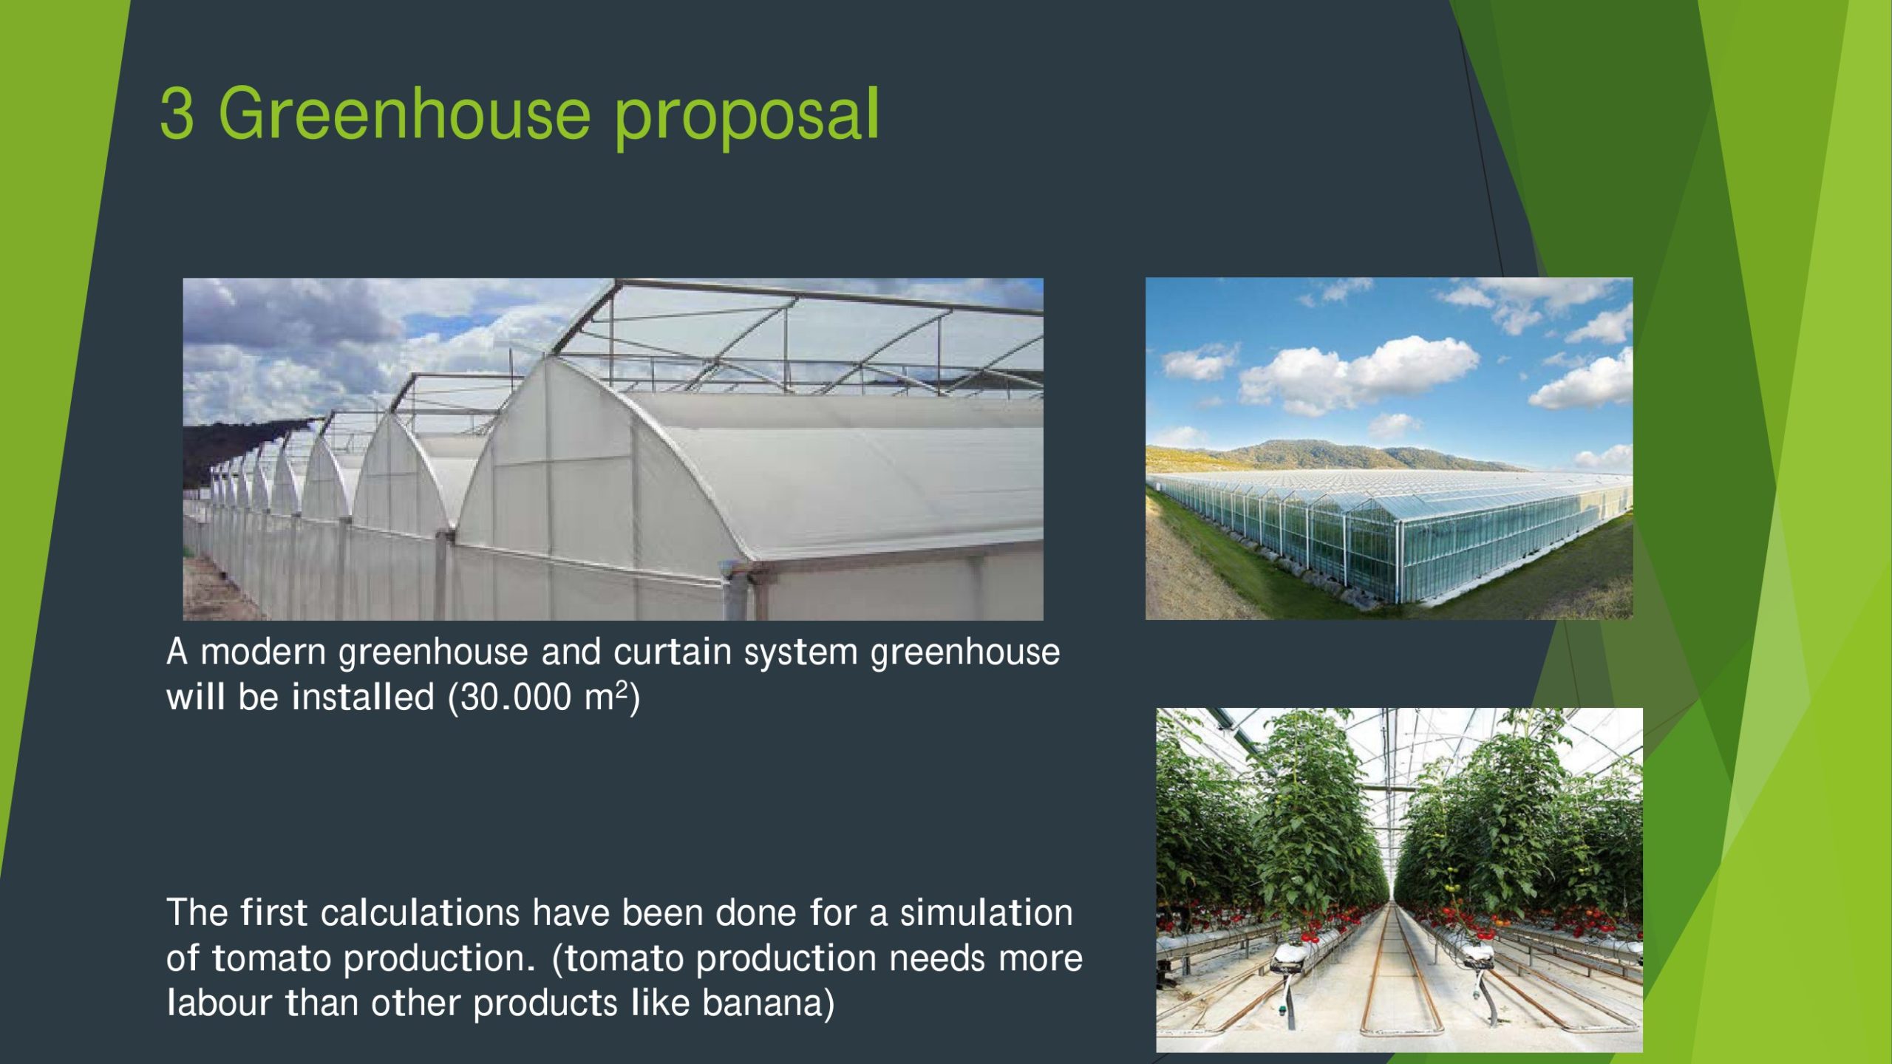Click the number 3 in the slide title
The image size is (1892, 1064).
click(x=177, y=113)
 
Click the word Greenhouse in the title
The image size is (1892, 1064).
click(x=404, y=113)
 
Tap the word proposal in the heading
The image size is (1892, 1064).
click(x=746, y=118)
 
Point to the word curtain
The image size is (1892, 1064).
click(x=672, y=652)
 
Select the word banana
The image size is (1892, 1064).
click(x=762, y=1003)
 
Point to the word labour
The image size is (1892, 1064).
click(x=220, y=1003)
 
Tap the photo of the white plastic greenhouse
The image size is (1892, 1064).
click(x=613, y=449)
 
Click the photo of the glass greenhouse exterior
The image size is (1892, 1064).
click(x=1389, y=449)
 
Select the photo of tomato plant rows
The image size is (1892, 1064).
click(x=1399, y=879)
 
